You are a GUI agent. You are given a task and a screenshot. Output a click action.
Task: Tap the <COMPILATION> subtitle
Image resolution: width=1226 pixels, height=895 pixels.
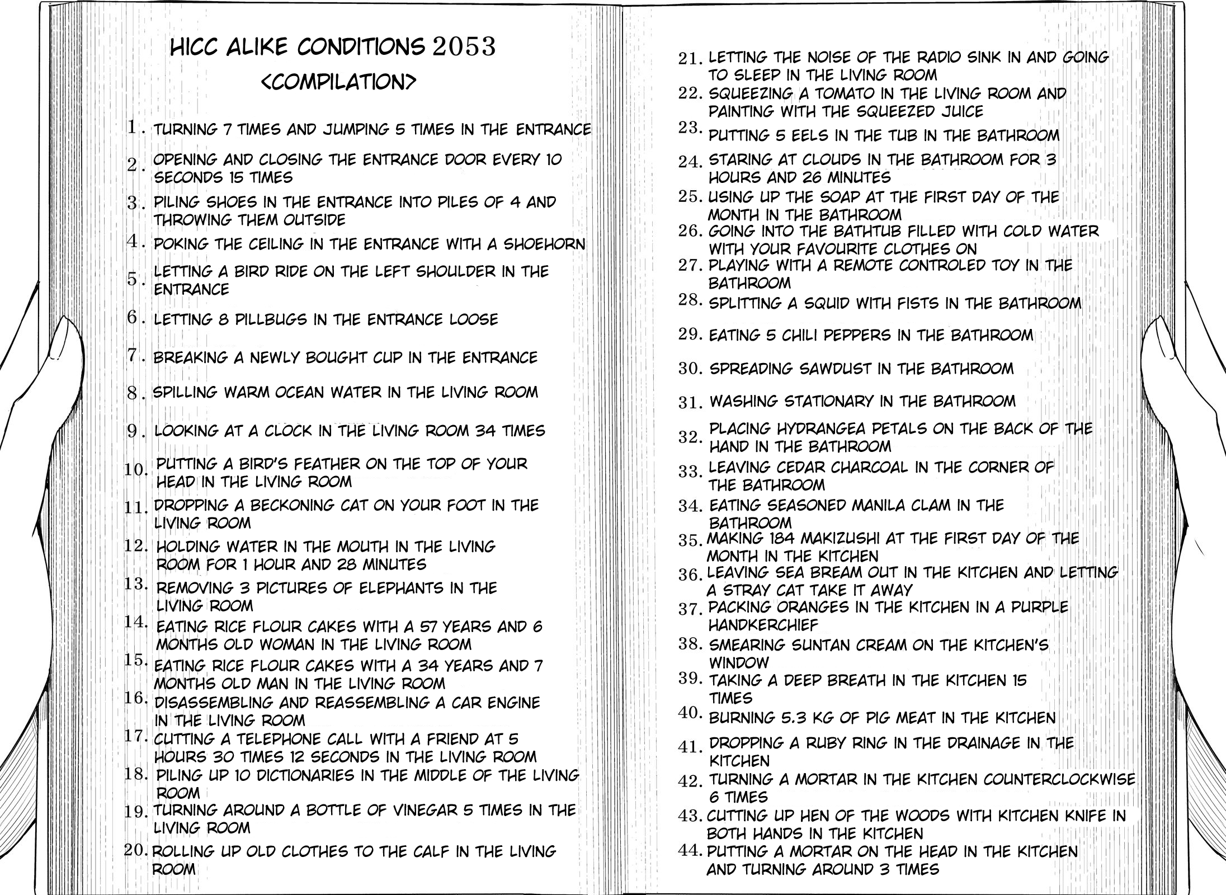pyautogui.click(x=339, y=82)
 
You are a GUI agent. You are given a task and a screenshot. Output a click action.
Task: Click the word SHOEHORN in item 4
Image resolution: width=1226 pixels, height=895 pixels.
pyautogui.click(x=544, y=244)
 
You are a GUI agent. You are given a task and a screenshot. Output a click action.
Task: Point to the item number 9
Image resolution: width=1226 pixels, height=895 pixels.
pyautogui.click(x=132, y=431)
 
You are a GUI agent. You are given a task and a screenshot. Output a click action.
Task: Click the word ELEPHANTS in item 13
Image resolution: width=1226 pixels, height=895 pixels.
pyautogui.click(x=402, y=588)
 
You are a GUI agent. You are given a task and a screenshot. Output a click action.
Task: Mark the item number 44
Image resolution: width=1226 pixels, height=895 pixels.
pyautogui.click(x=690, y=851)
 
